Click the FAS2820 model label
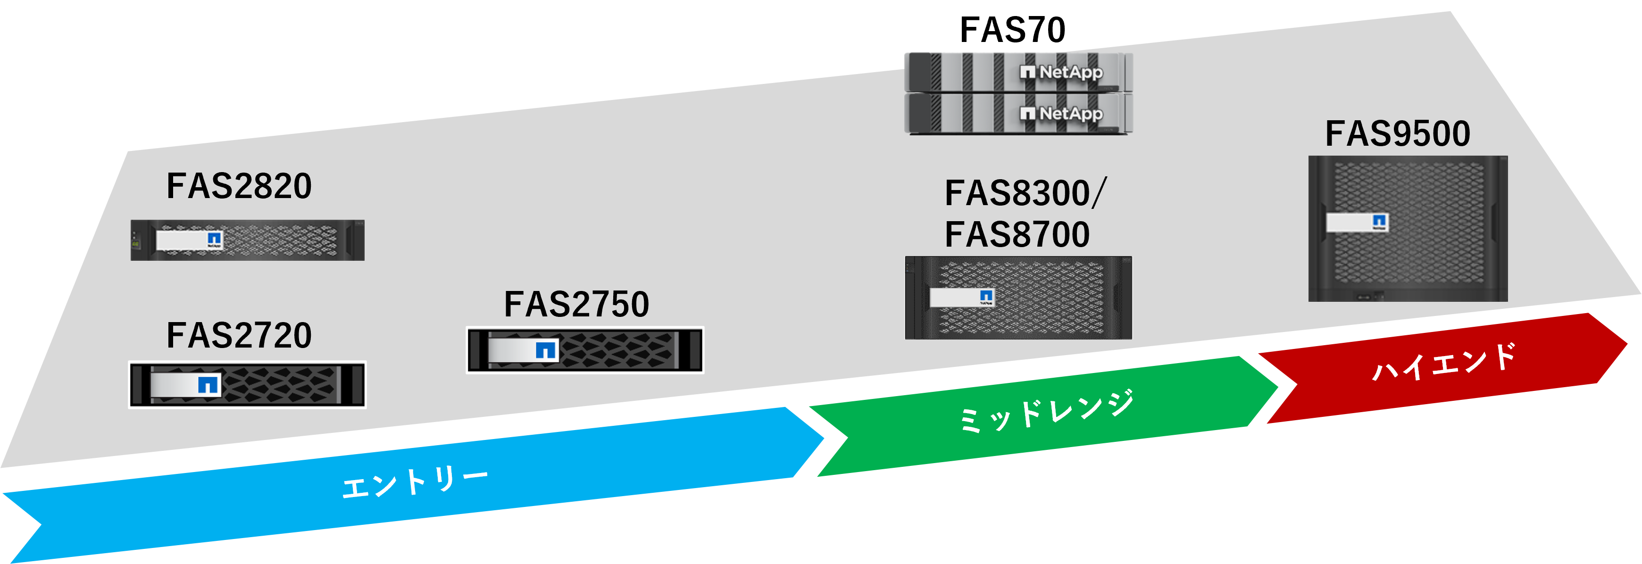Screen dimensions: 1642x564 pyautogui.click(x=239, y=186)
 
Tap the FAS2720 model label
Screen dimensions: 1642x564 pyautogui.click(x=239, y=335)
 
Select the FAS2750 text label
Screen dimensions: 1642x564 pyautogui.click(x=576, y=304)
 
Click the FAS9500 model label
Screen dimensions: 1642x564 pyautogui.click(x=1398, y=134)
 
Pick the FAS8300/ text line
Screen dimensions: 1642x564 pyautogui.click(x=1025, y=193)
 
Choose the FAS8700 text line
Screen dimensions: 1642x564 pyautogui.click(x=1017, y=234)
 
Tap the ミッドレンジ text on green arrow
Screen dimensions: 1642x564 pyautogui.click(x=1047, y=411)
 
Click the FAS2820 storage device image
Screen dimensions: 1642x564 pyautogui.click(x=247, y=240)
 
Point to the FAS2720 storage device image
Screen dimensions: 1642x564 pyautogui.click(x=247, y=384)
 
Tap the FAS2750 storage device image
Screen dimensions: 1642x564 pyautogui.click(x=585, y=350)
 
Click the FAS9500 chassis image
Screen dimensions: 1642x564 pyautogui.click(x=1408, y=229)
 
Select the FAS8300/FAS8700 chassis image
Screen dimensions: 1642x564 pyautogui.click(x=1018, y=298)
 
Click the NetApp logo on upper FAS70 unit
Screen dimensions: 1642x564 pyautogui.click(x=1061, y=72)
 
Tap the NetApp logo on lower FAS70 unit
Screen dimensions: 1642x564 pyautogui.click(x=1061, y=114)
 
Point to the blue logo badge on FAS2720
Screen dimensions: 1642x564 pyautogui.click(x=208, y=384)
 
